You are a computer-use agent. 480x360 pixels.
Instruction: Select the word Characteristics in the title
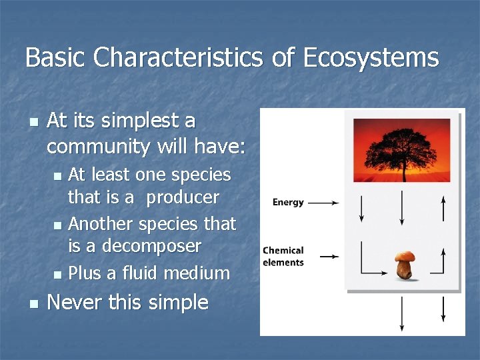click(179, 57)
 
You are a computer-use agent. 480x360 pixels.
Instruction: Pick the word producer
click(183, 197)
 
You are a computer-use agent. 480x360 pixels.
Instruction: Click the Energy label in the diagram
click(288, 203)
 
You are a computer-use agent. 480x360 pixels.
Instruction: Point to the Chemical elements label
click(283, 256)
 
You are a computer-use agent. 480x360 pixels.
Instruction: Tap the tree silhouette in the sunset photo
click(401, 147)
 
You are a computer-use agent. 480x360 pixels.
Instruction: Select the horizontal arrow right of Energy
click(323, 203)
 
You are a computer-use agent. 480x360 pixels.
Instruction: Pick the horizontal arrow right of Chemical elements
click(329, 256)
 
